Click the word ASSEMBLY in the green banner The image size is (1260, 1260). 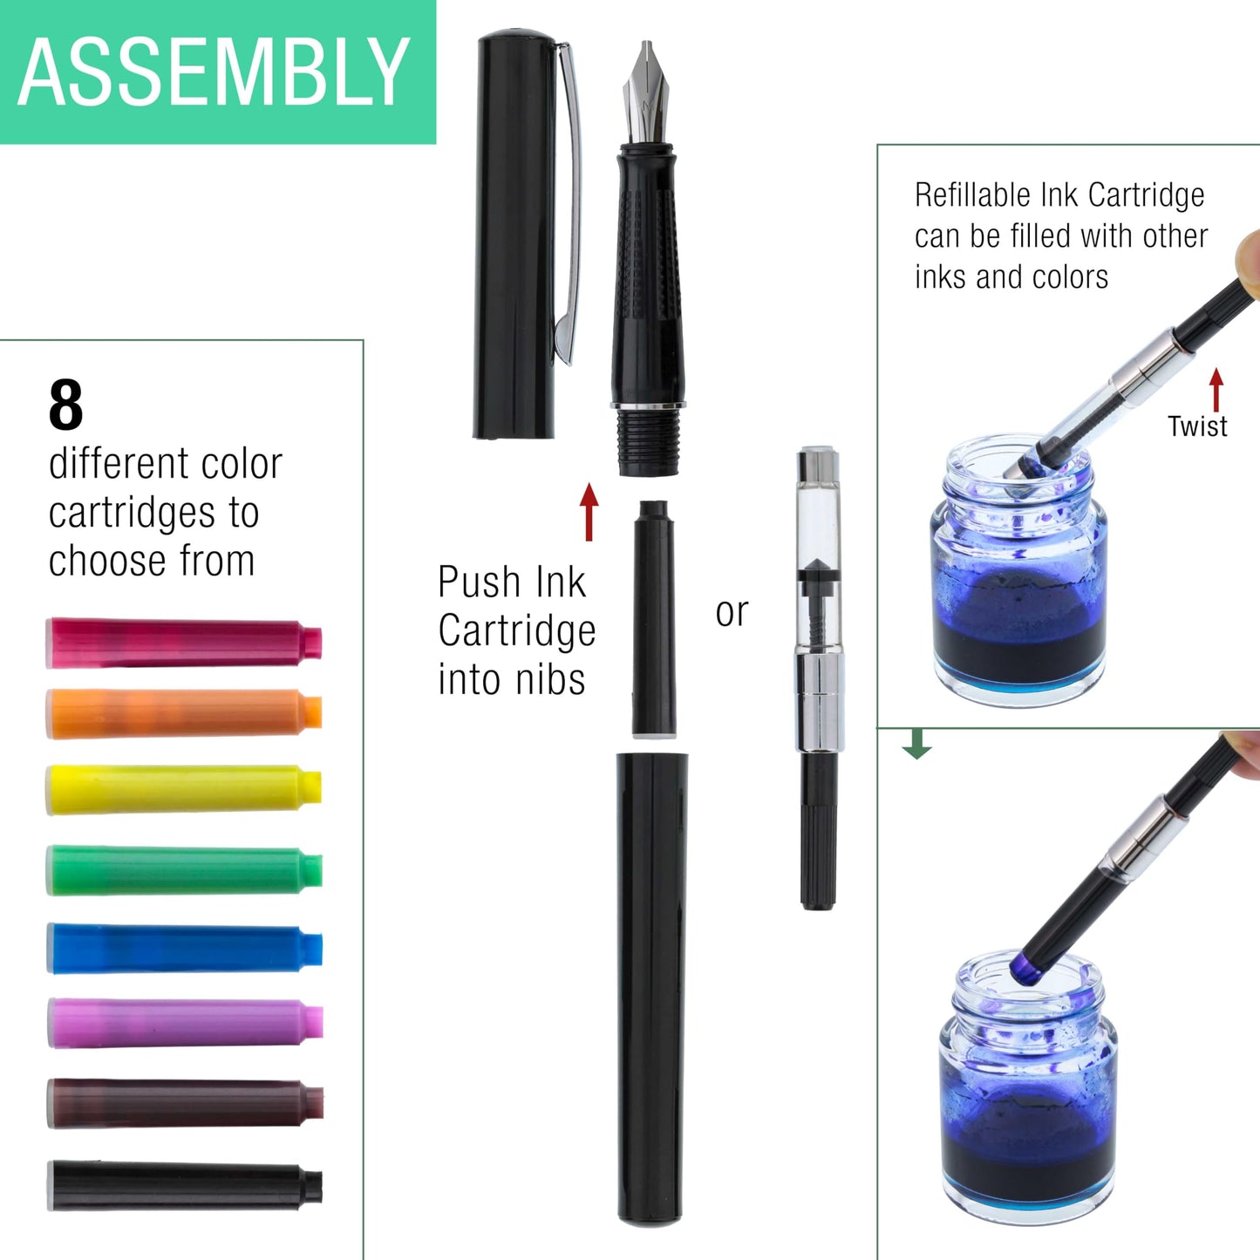click(214, 72)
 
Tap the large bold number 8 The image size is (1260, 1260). click(66, 405)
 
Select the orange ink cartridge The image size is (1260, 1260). click(183, 713)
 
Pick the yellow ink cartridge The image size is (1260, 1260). click(183, 789)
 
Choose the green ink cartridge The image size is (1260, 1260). click(183, 869)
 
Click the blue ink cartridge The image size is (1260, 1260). click(183, 948)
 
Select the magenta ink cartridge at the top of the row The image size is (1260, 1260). click(183, 643)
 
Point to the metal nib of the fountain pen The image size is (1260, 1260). click(646, 92)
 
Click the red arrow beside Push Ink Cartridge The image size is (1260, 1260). click(589, 512)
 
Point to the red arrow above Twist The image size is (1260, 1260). click(1216, 389)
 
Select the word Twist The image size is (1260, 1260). click(1197, 426)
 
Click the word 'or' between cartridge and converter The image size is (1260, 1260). click(732, 612)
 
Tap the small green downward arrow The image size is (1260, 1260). click(916, 744)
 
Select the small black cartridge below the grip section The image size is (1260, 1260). click(654, 619)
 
